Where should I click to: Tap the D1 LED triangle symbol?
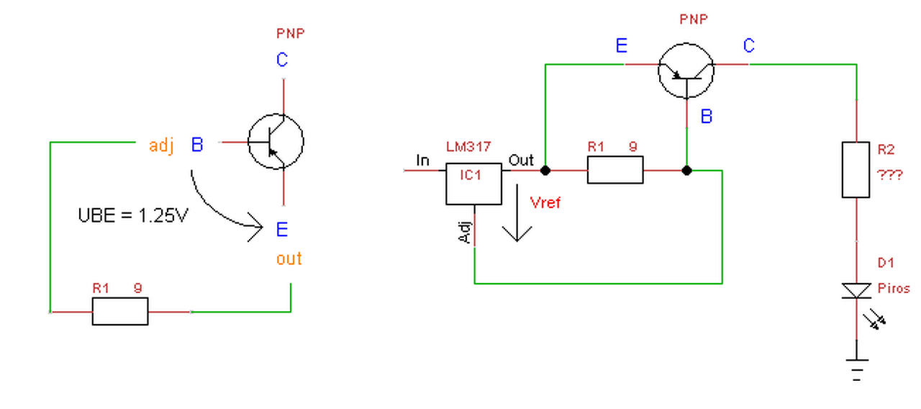(x=856, y=290)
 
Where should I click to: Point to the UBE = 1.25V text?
(x=133, y=215)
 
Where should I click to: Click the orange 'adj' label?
(x=161, y=145)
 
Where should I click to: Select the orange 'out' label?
(x=289, y=259)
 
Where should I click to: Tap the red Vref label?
(x=545, y=202)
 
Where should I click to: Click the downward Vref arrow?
(x=517, y=212)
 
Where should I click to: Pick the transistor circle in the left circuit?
(x=276, y=114)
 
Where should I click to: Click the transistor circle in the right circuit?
(x=686, y=43)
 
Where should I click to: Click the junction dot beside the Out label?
(x=545, y=171)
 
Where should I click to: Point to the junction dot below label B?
(x=686, y=171)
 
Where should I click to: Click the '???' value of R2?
(x=889, y=175)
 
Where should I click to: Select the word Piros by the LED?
(x=894, y=288)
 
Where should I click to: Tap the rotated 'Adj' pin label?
(x=464, y=233)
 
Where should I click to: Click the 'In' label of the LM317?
(x=422, y=160)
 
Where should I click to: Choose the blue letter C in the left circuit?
(x=282, y=60)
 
